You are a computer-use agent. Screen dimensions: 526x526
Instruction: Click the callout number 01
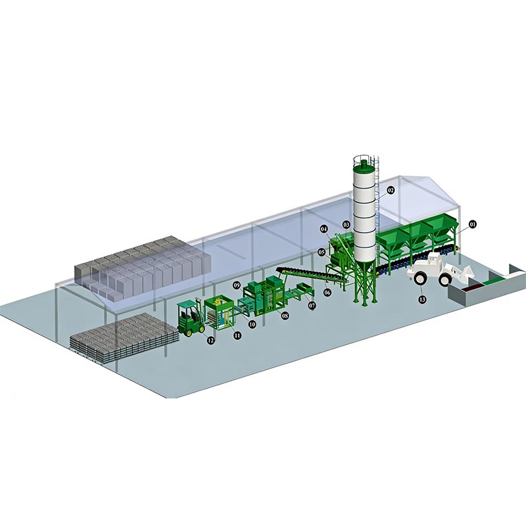click(472, 224)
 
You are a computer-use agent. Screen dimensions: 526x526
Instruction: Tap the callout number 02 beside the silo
click(390, 190)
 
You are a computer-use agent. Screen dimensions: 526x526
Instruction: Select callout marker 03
click(346, 225)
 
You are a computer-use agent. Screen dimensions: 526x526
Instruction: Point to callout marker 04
click(324, 228)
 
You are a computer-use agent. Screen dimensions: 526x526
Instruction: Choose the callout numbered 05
click(322, 252)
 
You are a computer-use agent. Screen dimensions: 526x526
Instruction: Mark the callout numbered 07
click(312, 306)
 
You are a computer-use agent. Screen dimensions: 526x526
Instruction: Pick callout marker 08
click(285, 316)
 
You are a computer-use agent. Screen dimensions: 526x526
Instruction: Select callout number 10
click(251, 324)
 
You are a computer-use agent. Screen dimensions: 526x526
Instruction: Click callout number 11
click(237, 335)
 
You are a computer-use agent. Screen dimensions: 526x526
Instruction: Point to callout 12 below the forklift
click(210, 340)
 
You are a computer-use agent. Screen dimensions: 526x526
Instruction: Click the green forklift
click(190, 318)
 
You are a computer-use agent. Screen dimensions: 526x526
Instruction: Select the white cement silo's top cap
click(364, 162)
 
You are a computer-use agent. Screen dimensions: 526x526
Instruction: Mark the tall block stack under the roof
click(141, 266)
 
